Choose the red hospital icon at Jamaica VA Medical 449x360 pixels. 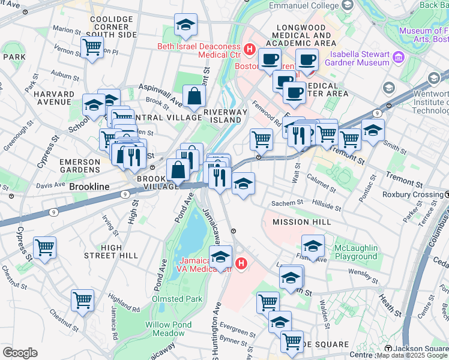pyautogui.click(x=241, y=263)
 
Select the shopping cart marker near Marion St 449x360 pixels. pyautogui.click(x=92, y=47)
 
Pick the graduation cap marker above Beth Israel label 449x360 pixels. pyautogui.click(x=185, y=25)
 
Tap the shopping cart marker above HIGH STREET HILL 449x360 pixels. pyautogui.click(x=44, y=247)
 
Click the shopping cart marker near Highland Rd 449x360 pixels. pyautogui.click(x=82, y=299)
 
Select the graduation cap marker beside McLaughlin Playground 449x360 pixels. pyautogui.click(x=312, y=246)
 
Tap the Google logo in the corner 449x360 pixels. pyautogui.click(x=20, y=353)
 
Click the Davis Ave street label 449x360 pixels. pyautogui.click(x=50, y=185)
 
